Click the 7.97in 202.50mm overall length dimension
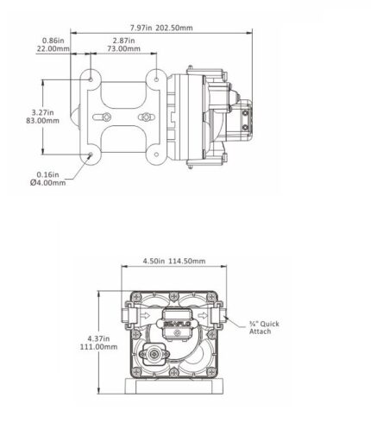coord(161,28)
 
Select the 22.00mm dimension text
coord(53,48)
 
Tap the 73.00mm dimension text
coord(123,48)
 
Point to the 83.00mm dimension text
coord(43,121)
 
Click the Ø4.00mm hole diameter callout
coord(47,182)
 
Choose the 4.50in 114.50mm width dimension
coord(174,261)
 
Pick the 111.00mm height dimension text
coord(98,347)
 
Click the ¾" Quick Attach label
coord(264,327)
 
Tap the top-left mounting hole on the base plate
coord(91,79)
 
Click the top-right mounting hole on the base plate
coord(156,79)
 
